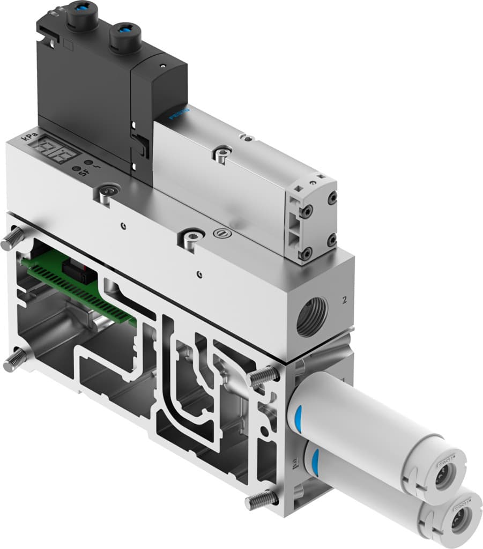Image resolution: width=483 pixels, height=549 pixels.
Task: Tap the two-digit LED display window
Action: [x=55, y=154]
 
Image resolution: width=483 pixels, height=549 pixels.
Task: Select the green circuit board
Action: [x=80, y=287]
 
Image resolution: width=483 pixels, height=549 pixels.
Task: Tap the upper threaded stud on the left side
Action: [x=13, y=238]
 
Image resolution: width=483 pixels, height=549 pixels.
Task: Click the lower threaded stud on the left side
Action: [x=14, y=360]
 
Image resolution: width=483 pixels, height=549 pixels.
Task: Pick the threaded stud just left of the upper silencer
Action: [x=263, y=377]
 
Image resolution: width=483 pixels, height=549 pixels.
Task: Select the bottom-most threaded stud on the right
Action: [x=261, y=501]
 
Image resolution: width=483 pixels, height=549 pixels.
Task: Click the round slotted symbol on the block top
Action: [x=220, y=233]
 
